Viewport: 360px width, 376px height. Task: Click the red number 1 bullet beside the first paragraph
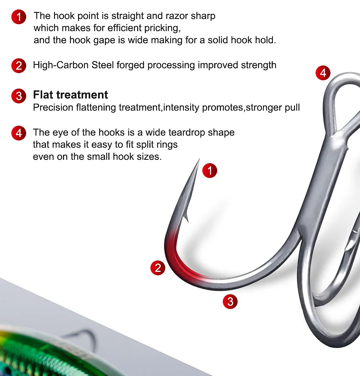pyautogui.click(x=19, y=17)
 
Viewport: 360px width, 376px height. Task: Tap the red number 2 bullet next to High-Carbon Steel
pyautogui.click(x=19, y=66)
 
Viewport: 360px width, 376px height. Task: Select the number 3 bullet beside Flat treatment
pyautogui.click(x=19, y=96)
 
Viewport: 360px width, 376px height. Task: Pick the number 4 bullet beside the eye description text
pyautogui.click(x=19, y=133)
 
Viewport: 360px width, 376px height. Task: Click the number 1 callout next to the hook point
pyautogui.click(x=210, y=170)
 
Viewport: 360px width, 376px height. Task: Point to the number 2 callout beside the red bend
pyautogui.click(x=158, y=268)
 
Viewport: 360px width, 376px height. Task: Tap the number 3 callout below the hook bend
pyautogui.click(x=230, y=301)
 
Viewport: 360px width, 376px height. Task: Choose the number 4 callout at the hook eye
pyautogui.click(x=323, y=73)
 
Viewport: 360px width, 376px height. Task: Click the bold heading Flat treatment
pyautogui.click(x=70, y=95)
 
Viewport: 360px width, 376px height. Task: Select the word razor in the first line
pyautogui.click(x=177, y=16)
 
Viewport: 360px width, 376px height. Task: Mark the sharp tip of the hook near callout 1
pyautogui.click(x=199, y=159)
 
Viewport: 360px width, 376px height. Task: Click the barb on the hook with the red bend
pyautogui.click(x=186, y=217)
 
